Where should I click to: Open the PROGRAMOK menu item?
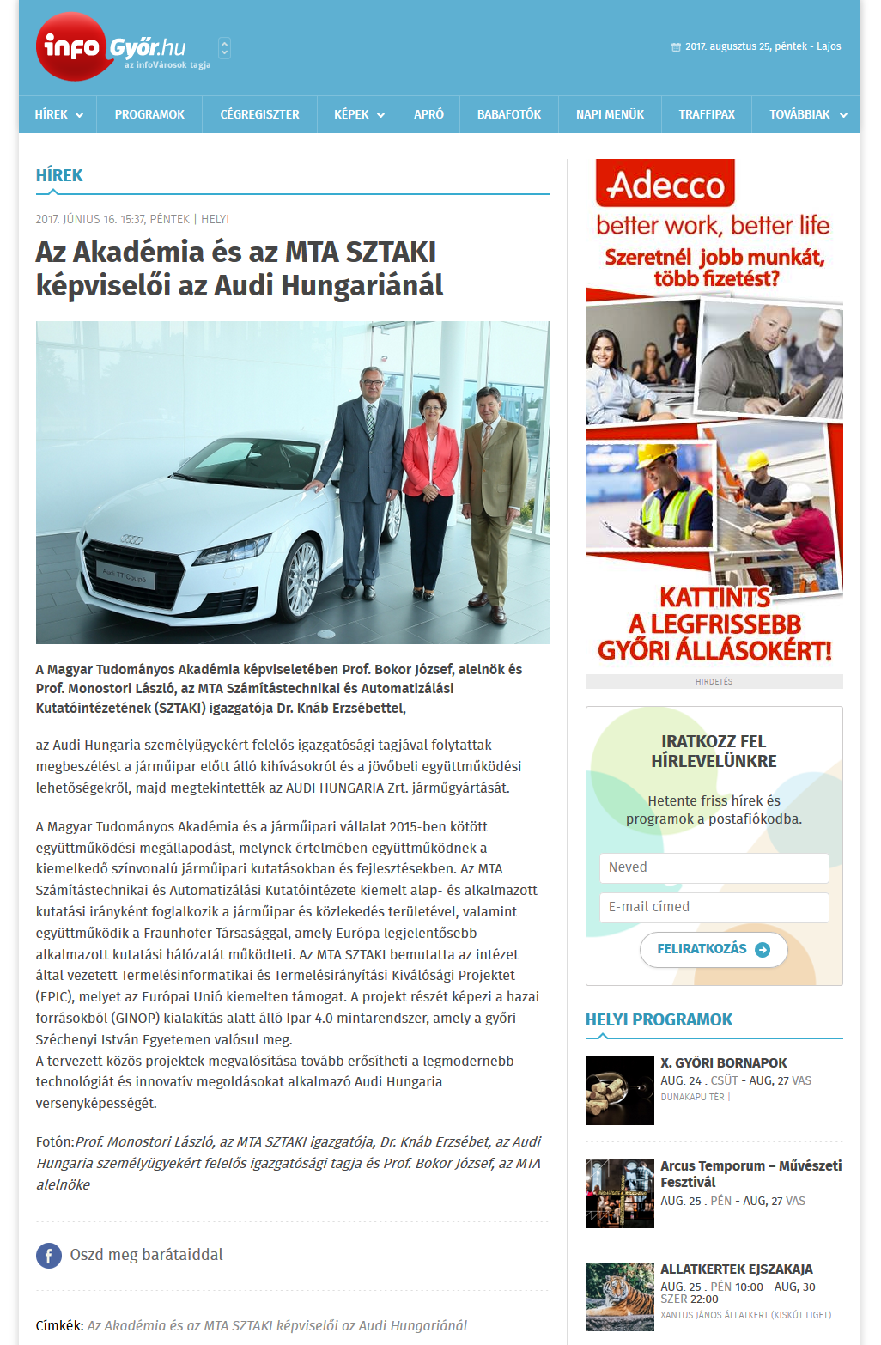pos(149,114)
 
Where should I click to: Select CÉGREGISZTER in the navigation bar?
pos(259,114)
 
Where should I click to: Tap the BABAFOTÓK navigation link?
pos(509,114)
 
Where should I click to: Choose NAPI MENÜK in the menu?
pos(610,114)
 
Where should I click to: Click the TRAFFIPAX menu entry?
pos(707,114)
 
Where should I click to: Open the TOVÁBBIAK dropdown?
pos(807,114)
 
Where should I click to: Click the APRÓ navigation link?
pos(428,114)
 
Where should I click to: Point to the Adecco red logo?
pos(665,183)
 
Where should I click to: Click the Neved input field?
pos(714,867)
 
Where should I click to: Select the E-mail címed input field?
pos(714,907)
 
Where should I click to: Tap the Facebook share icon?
pos(49,1256)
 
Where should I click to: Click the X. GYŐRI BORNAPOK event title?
pos(723,1062)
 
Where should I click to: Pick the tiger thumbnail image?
pos(619,1296)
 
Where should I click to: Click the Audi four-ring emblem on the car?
pos(131,539)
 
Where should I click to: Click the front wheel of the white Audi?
pos(302,577)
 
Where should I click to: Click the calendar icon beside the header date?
pos(676,47)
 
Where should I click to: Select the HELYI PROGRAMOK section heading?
pos(659,1019)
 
